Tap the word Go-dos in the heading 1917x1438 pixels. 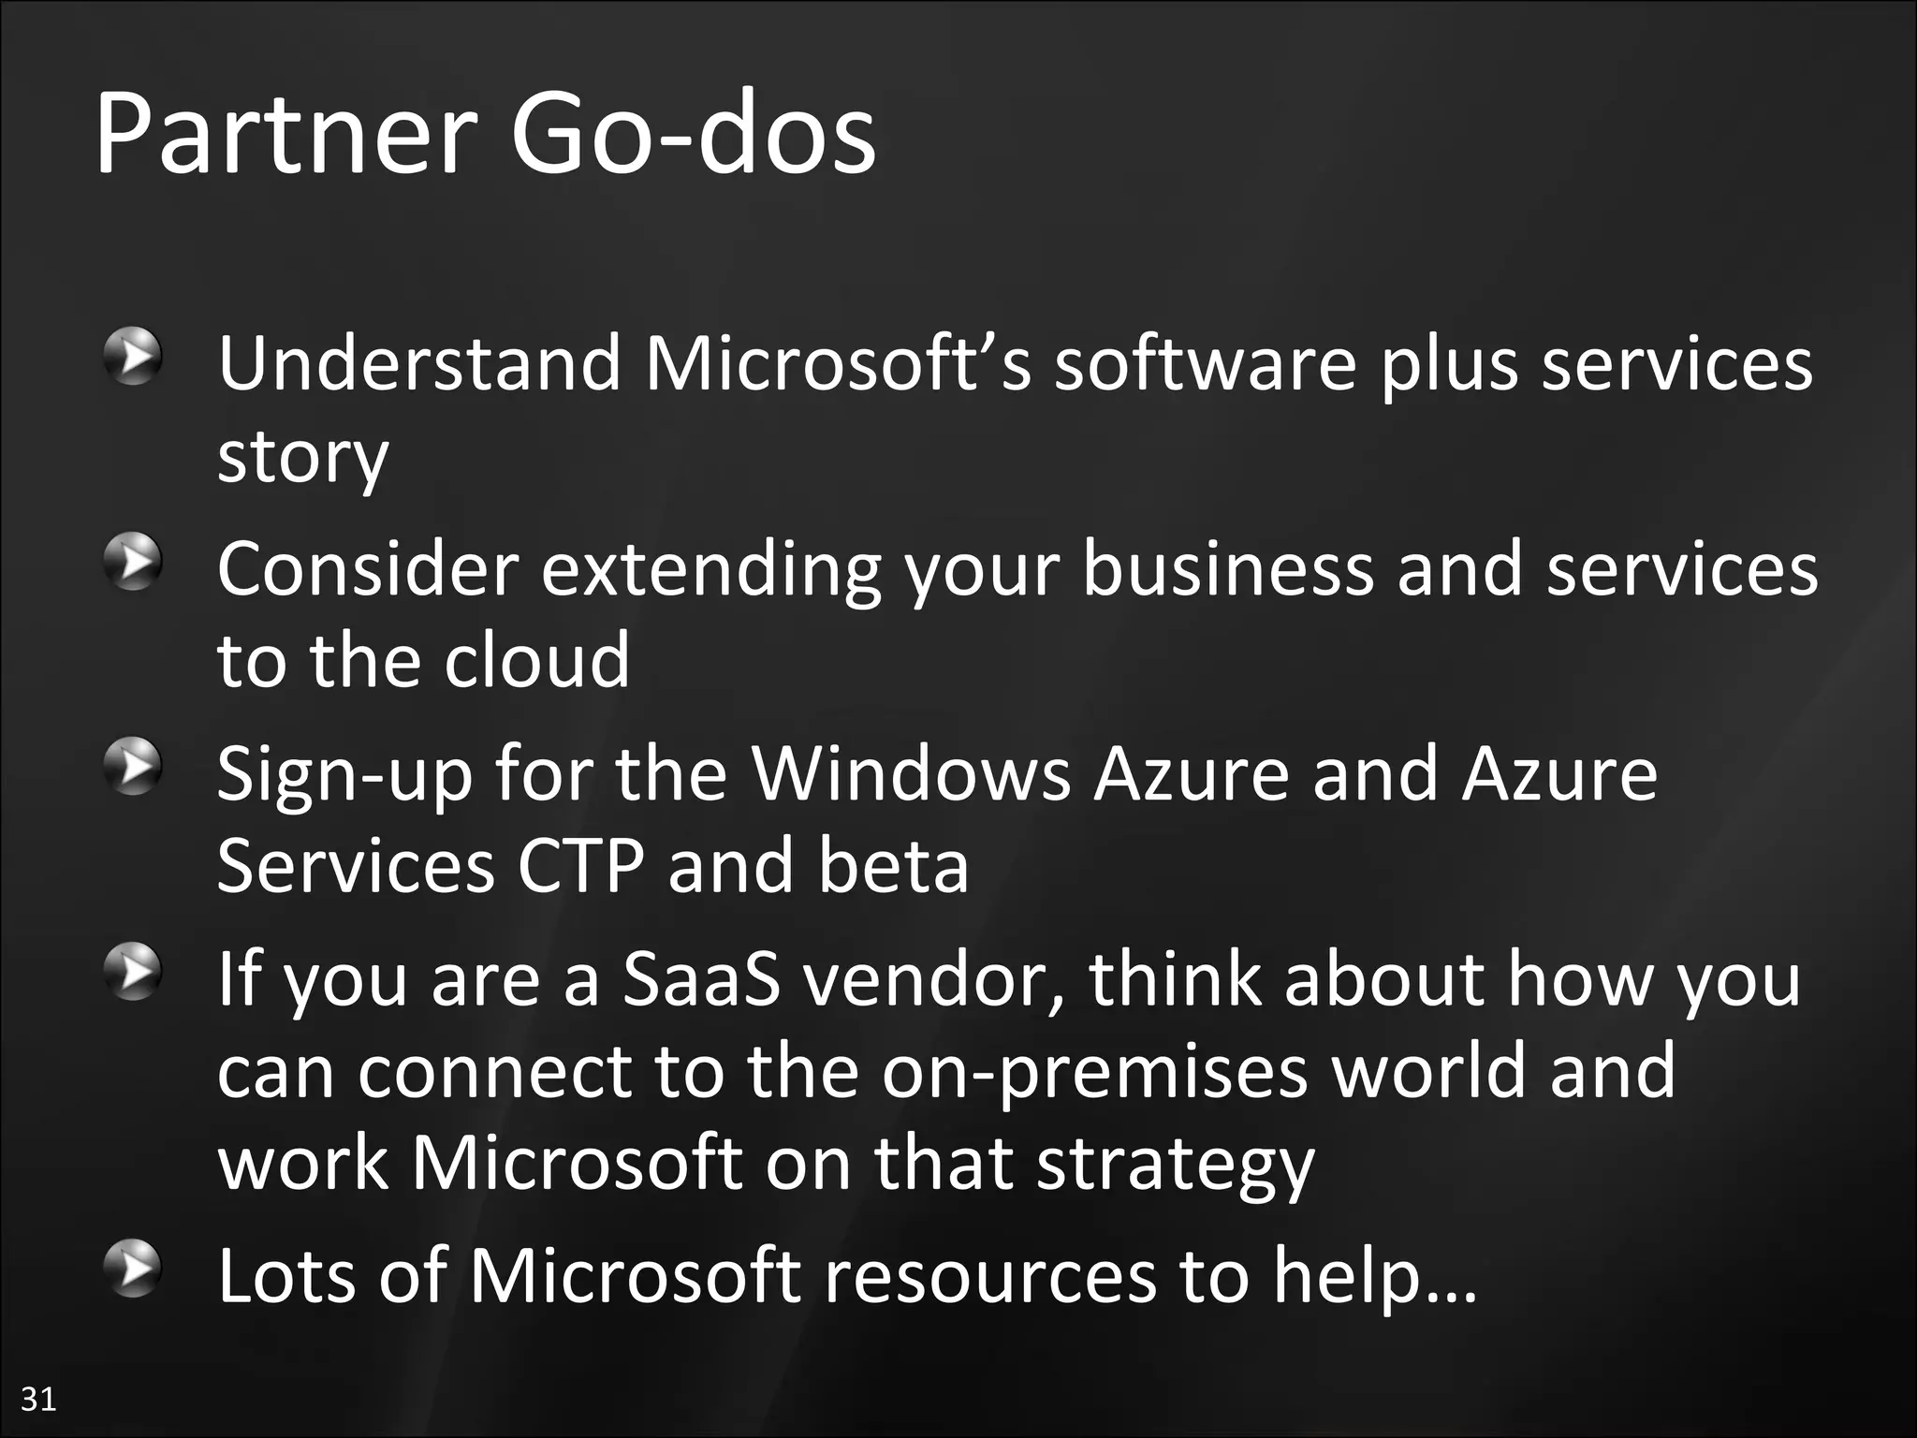(693, 136)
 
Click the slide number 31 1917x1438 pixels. (38, 1399)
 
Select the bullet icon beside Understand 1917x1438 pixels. (134, 356)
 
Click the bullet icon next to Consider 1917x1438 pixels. (134, 562)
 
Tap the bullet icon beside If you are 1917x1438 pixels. (134, 973)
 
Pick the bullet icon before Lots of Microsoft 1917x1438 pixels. (134, 1269)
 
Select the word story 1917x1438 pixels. (302, 459)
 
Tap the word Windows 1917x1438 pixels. (912, 774)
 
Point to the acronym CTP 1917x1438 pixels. (580, 867)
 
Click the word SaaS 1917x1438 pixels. (701, 979)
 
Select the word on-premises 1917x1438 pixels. (1094, 1073)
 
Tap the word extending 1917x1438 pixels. (711, 571)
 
